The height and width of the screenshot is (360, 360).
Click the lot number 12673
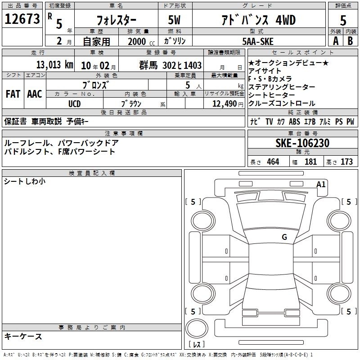pyautogui.click(x=22, y=19)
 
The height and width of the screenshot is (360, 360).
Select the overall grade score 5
pyautogui.click(x=343, y=20)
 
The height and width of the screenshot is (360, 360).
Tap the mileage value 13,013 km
pyautogui.click(x=54, y=65)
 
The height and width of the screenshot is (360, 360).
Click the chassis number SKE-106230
pyautogui.click(x=302, y=143)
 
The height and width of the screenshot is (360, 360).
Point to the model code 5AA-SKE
pyautogui.click(x=258, y=41)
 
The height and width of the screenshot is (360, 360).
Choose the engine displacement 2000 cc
pyautogui.click(x=141, y=41)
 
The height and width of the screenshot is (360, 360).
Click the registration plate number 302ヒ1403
pyautogui.click(x=182, y=65)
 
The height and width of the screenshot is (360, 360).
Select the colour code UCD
pyautogui.click(x=74, y=104)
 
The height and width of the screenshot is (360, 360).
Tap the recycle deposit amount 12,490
pyautogui.click(x=224, y=103)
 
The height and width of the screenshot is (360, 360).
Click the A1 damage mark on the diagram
pyautogui.click(x=321, y=184)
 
